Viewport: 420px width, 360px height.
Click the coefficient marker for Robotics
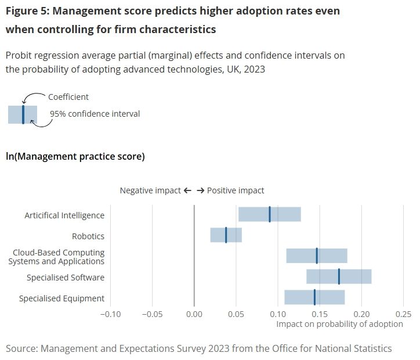pyautogui.click(x=226, y=235)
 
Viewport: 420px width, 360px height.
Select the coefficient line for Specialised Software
pyautogui.click(x=339, y=276)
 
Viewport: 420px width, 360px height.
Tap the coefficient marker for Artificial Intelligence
pyautogui.click(x=270, y=214)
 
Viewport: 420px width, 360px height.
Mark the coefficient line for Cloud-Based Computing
pyautogui.click(x=317, y=255)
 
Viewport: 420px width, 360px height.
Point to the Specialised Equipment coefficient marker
pyautogui.click(x=314, y=297)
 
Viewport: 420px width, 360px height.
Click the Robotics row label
pyautogui.click(x=88, y=236)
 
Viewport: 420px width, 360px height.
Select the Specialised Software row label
pyautogui.click(x=66, y=278)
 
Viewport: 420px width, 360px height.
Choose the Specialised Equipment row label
pyautogui.click(x=61, y=298)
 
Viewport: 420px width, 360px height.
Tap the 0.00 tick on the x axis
pyautogui.click(x=194, y=314)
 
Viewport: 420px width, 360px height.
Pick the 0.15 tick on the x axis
pyautogui.click(x=320, y=314)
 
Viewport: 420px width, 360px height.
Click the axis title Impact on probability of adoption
pyautogui.click(x=339, y=324)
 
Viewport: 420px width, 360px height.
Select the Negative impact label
pyautogui.click(x=150, y=190)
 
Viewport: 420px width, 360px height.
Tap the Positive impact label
pyautogui.click(x=235, y=190)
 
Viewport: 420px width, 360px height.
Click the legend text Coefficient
pyautogui.click(x=68, y=97)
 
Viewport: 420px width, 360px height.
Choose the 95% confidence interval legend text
pyautogui.click(x=95, y=114)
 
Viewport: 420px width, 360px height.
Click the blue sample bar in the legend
pyautogui.click(x=23, y=114)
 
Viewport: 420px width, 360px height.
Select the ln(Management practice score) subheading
pyautogui.click(x=75, y=156)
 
